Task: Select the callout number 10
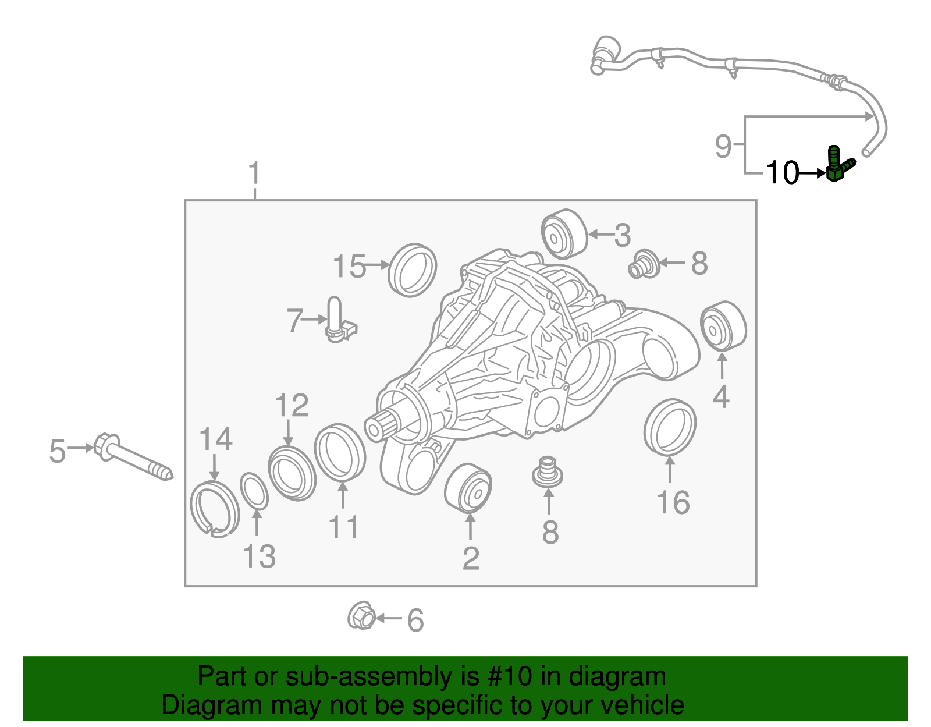point(782,173)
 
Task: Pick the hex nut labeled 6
point(361,616)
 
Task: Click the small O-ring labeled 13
point(254,491)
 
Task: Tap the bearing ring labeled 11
point(340,452)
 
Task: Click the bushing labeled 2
point(468,488)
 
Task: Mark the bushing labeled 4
point(723,327)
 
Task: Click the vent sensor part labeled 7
point(337,321)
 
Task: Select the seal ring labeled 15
point(412,270)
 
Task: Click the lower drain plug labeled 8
point(548,471)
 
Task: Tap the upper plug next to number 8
point(644,264)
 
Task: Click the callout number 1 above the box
point(254,174)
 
